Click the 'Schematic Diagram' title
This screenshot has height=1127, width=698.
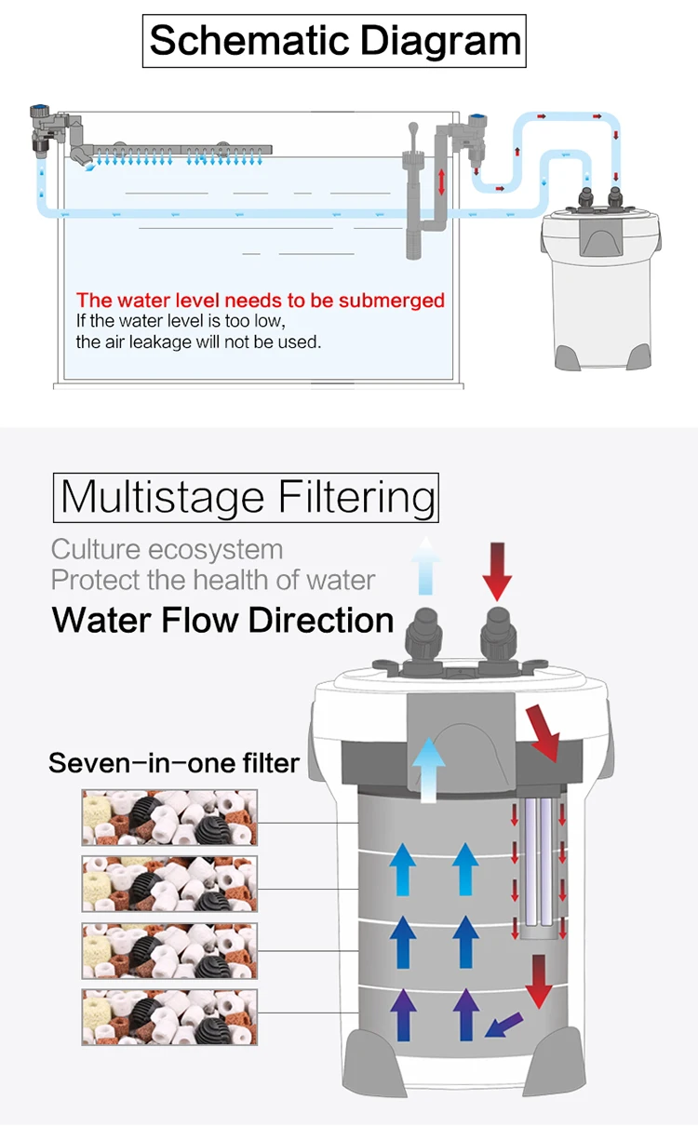click(x=335, y=42)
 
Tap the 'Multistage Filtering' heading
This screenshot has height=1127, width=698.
click(x=248, y=497)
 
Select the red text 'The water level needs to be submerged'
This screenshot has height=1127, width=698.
click(x=261, y=301)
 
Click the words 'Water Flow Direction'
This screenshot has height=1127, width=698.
click(x=223, y=620)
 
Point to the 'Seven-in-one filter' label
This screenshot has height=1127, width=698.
click(x=174, y=764)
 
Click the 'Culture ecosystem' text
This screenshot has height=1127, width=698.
click(x=167, y=549)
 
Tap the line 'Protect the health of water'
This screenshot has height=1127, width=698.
click(x=213, y=580)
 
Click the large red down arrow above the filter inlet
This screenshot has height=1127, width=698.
click(x=498, y=570)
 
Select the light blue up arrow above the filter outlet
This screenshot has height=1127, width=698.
click(x=426, y=566)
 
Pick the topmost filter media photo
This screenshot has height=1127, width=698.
click(x=169, y=818)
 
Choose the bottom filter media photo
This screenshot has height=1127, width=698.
click(x=169, y=1017)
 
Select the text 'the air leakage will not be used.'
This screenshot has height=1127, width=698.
click(x=198, y=342)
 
